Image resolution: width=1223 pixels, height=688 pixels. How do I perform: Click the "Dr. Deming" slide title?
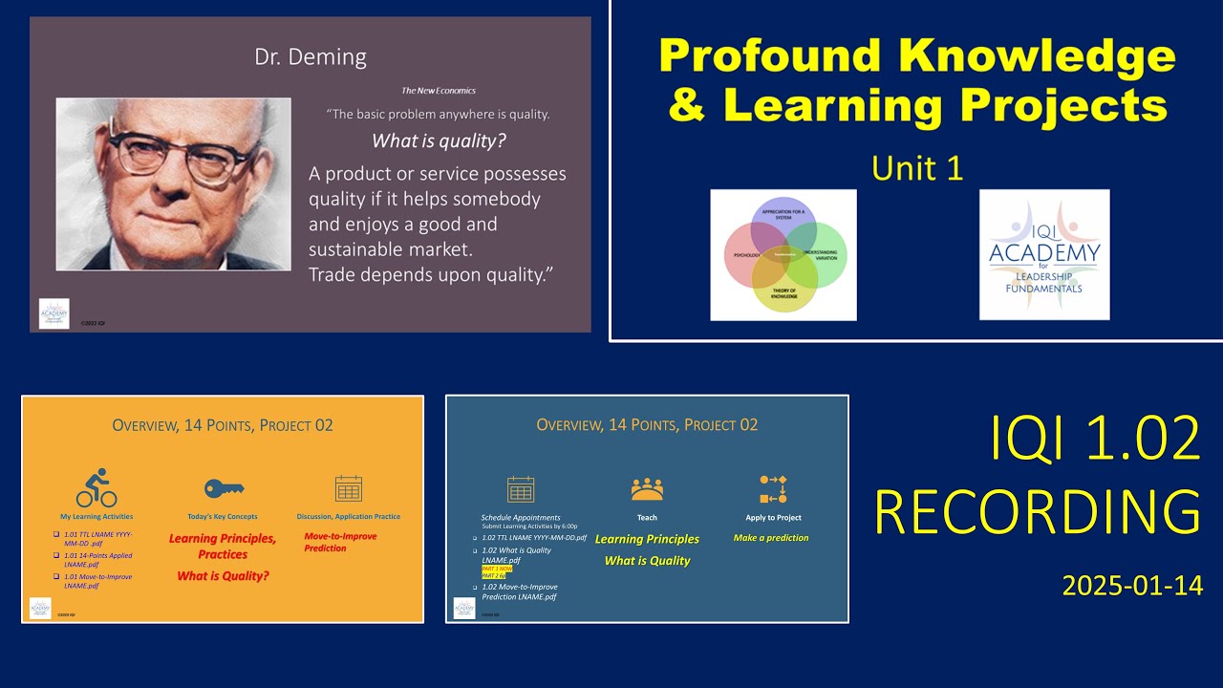click(310, 57)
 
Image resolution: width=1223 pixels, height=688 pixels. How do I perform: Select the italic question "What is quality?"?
click(439, 141)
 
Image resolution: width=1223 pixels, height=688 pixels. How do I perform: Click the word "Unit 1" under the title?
click(916, 168)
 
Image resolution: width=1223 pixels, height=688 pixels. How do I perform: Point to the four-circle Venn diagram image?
click(783, 255)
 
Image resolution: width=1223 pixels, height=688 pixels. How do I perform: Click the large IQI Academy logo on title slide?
click(1044, 254)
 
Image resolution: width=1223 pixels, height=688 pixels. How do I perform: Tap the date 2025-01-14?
click(1132, 586)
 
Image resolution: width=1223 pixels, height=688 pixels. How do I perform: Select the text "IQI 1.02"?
click(1094, 441)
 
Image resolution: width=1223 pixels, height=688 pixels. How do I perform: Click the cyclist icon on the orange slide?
click(96, 488)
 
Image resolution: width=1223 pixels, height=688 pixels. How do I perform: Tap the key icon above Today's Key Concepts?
click(224, 488)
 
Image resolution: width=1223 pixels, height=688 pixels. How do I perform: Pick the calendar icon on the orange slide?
click(349, 489)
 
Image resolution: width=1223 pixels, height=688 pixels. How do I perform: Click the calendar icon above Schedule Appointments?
click(521, 489)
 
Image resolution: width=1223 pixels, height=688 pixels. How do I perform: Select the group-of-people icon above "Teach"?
click(647, 489)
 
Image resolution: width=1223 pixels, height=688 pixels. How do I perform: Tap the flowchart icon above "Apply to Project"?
click(773, 489)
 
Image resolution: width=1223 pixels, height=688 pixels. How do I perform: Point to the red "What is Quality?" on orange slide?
click(223, 575)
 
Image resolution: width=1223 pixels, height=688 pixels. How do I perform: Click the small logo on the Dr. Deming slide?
click(54, 313)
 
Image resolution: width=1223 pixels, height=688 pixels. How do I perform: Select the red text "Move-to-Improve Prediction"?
click(340, 542)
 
